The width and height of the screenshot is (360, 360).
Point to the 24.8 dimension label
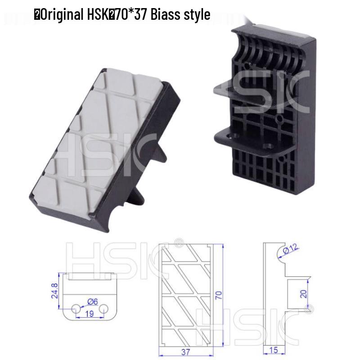point(54,291)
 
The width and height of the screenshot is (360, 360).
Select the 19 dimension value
point(90,314)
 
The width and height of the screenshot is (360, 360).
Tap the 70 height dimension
point(219,295)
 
